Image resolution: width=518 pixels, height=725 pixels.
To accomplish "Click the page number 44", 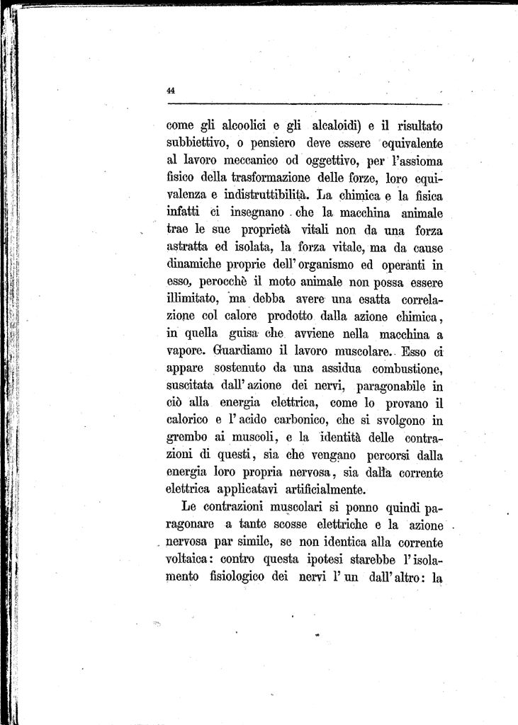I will tap(171, 90).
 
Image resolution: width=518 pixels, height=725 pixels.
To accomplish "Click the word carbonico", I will tap(286, 420).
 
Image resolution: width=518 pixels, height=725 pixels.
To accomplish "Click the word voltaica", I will tap(187, 559).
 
